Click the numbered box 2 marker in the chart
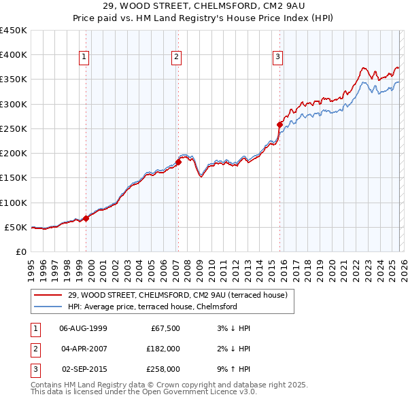tap(177, 58)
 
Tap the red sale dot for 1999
tap(86, 218)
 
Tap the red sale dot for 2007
tap(178, 162)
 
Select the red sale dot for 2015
tap(279, 124)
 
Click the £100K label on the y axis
tap(14, 203)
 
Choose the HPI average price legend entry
tap(152, 307)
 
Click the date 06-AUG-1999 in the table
tap(83, 328)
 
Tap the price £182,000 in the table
tap(163, 349)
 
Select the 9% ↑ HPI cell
tap(233, 369)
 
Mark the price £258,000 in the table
tap(163, 369)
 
